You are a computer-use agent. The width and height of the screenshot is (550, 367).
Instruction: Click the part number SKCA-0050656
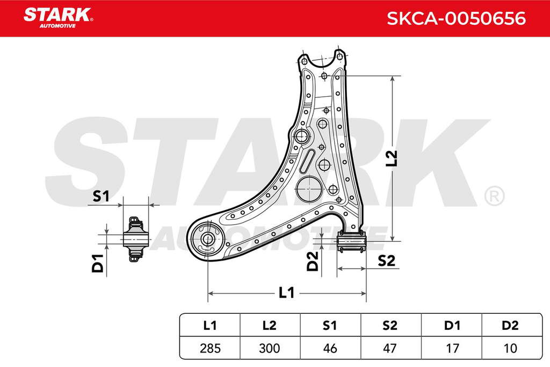pos(456,18)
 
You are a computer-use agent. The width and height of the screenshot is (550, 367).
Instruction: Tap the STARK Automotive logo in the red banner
pos(58,18)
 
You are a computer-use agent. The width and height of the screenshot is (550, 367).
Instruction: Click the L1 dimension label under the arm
pos(286,292)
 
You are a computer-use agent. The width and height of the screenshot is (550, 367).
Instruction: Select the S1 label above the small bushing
pos(101,196)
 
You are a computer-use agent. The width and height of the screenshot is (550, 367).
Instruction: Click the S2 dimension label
pos(386,261)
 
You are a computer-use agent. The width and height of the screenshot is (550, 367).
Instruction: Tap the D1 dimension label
pos(98,263)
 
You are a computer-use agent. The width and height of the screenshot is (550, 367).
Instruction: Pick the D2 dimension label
pos(312,261)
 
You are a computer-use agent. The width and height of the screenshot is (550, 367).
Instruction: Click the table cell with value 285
pos(210,348)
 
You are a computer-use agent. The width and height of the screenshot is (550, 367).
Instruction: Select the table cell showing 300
pos(270,348)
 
